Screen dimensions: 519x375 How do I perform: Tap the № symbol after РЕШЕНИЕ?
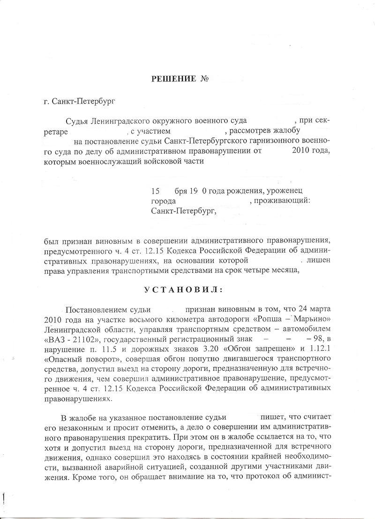204,78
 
